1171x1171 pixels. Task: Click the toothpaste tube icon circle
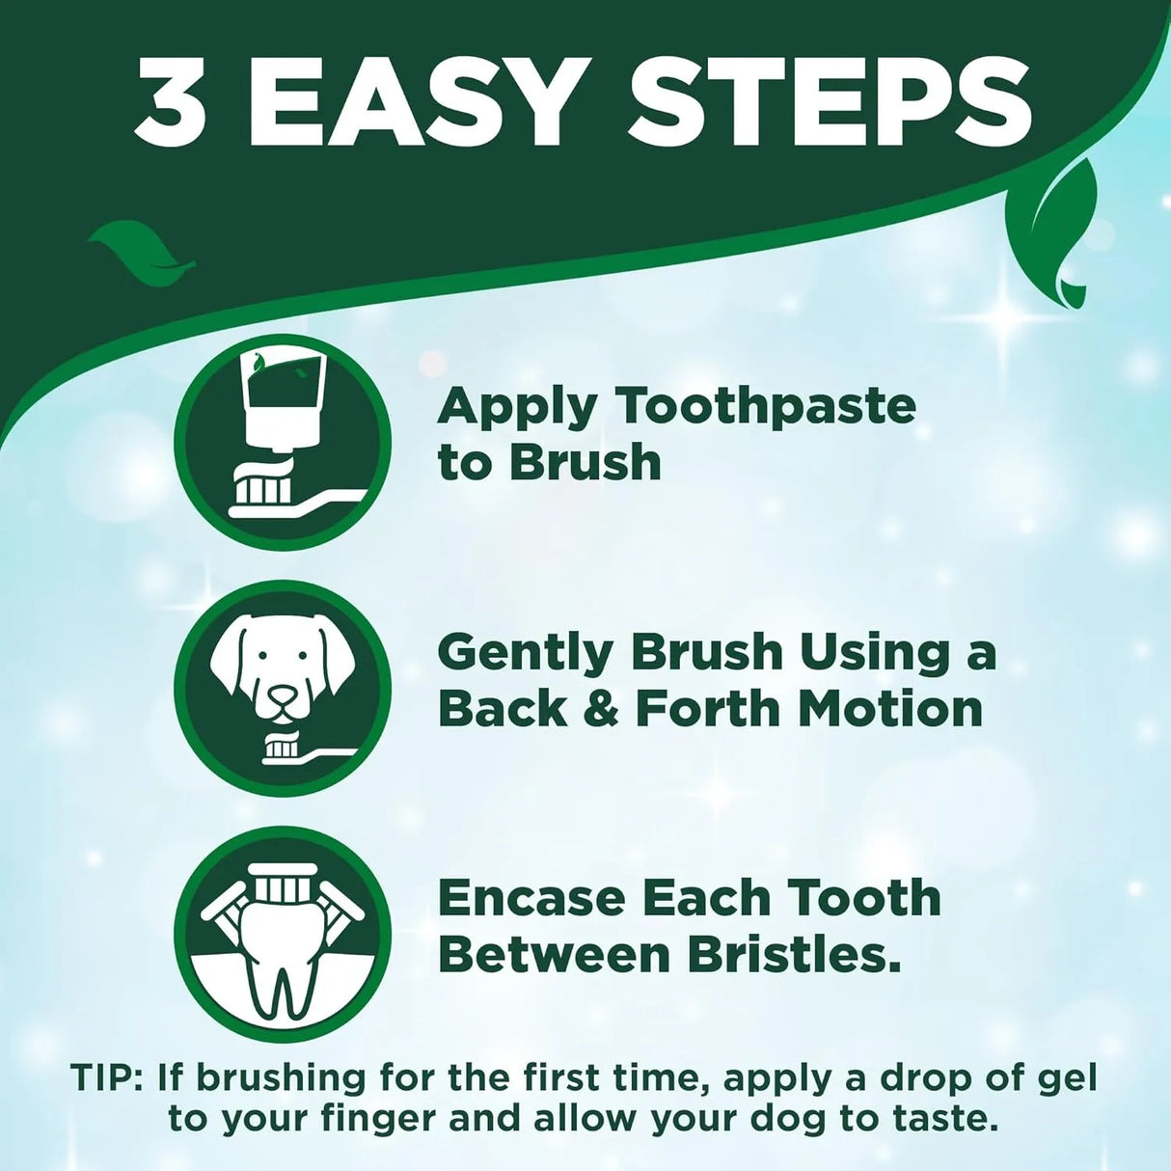click(x=283, y=445)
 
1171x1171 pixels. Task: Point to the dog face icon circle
click(x=283, y=689)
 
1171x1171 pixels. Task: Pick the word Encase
click(x=531, y=899)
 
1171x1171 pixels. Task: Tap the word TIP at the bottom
click(x=103, y=1077)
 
